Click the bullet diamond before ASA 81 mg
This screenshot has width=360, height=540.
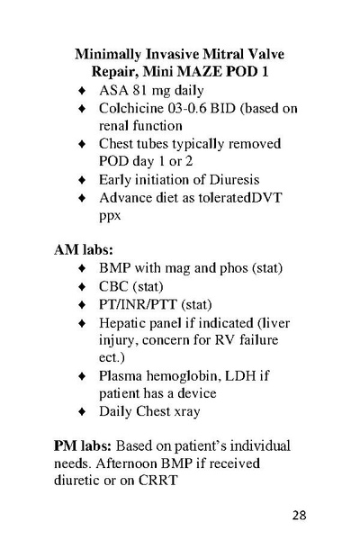click(83, 91)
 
